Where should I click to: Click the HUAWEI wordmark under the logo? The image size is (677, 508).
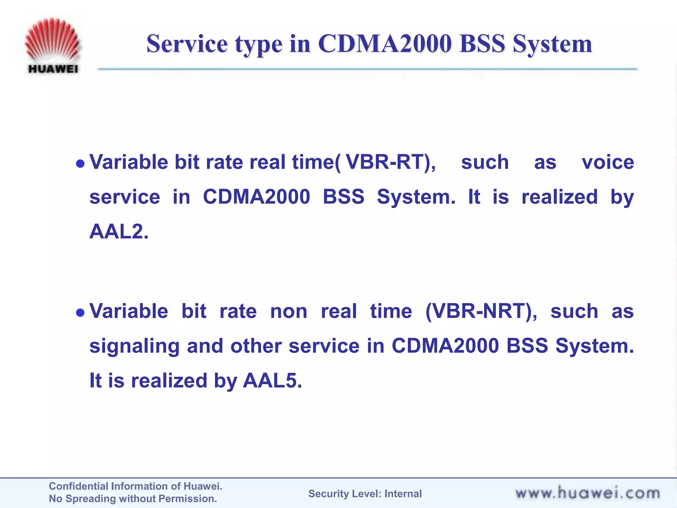[x=53, y=69]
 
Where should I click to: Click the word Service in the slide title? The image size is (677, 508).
[x=187, y=44]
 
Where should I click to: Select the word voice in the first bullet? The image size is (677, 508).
[x=608, y=162]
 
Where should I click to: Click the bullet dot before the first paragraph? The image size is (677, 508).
[x=80, y=163]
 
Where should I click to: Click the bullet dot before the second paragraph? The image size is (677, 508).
[x=80, y=312]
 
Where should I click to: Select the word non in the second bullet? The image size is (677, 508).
[x=289, y=312]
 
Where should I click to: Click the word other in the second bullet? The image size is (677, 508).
[x=256, y=346]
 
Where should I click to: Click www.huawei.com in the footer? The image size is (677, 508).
[x=587, y=493]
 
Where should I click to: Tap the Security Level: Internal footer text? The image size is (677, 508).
[x=365, y=493]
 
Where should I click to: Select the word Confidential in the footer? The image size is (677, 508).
[x=79, y=486]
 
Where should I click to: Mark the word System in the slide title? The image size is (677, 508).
[x=552, y=44]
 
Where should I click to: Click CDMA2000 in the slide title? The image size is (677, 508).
[x=385, y=44]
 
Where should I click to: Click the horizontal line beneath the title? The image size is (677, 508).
[x=367, y=69]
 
